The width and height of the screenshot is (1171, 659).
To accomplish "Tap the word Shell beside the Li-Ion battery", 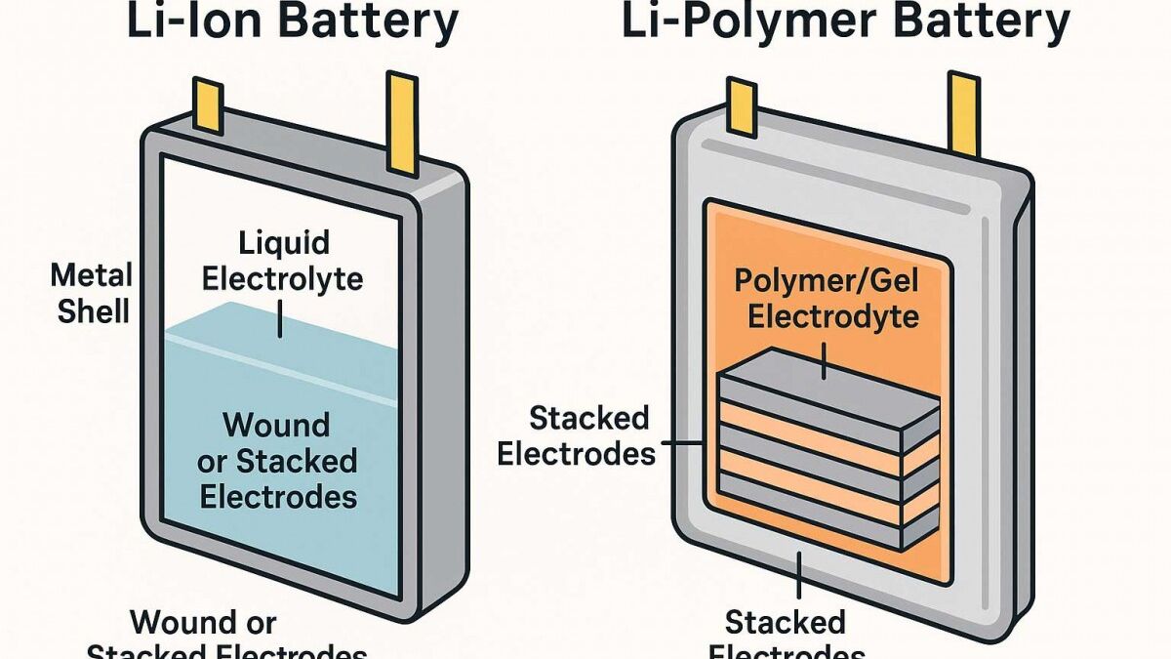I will [93, 312].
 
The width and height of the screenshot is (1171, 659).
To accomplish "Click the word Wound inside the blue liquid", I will [276, 426].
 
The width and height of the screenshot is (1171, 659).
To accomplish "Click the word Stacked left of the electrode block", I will [588, 419].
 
